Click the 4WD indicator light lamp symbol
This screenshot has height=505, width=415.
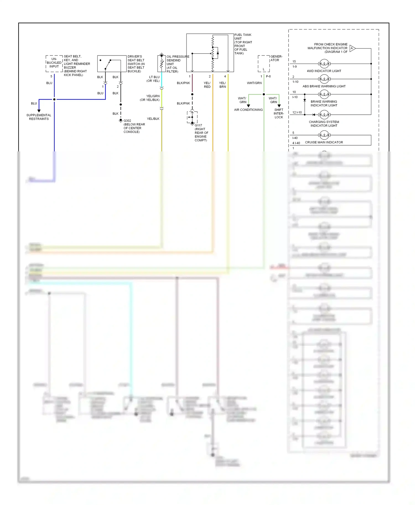(324, 64)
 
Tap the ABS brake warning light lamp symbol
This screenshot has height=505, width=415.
(324, 79)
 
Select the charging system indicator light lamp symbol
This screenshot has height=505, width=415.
(324, 115)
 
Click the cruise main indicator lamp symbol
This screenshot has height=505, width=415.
(324, 135)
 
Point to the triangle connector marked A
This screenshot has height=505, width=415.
(352, 48)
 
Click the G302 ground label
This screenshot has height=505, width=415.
(127, 121)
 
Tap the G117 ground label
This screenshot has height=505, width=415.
(198, 125)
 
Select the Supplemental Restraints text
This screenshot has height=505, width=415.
(39, 117)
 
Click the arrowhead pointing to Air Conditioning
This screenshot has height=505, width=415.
(248, 106)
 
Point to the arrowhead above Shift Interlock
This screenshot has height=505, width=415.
(279, 106)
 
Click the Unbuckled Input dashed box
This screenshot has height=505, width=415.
(54, 64)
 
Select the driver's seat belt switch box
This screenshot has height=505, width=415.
(112, 64)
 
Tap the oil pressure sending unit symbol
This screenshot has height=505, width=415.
(162, 63)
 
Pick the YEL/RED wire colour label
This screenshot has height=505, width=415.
(207, 85)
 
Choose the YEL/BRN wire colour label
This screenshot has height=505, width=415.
(222, 85)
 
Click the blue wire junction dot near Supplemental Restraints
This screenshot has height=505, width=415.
(54, 99)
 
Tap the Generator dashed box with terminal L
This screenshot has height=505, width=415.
(264, 64)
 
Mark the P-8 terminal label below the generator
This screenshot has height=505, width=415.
(268, 77)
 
